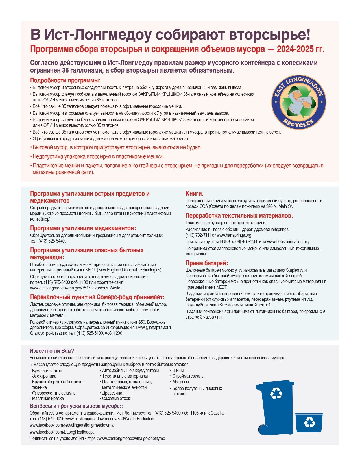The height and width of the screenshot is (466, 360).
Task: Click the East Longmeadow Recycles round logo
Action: [x=299, y=102]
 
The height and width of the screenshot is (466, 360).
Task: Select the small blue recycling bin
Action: [x=309, y=422]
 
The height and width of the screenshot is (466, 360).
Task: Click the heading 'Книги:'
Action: [x=194, y=194]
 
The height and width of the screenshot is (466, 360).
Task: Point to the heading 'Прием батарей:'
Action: [x=206, y=263]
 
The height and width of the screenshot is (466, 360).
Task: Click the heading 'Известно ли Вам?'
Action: [x=52, y=351]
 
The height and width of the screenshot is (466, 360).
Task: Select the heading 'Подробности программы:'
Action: [x=65, y=80]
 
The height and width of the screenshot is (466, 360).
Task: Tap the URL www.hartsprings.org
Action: [x=234, y=235]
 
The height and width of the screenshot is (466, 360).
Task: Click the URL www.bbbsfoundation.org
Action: [x=288, y=242]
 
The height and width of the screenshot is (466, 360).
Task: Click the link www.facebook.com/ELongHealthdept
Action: [x=62, y=432]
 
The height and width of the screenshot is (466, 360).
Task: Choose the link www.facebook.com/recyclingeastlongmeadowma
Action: [x=71, y=425]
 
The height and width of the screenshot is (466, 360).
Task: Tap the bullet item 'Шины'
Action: [x=178, y=370]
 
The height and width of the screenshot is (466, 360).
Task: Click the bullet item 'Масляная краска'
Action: [x=48, y=398]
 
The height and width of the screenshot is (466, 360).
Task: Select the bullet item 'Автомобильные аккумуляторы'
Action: [x=130, y=370]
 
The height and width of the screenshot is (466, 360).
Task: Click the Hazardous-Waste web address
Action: [x=75, y=288]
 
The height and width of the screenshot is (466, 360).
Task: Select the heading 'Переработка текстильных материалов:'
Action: [x=239, y=216]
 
